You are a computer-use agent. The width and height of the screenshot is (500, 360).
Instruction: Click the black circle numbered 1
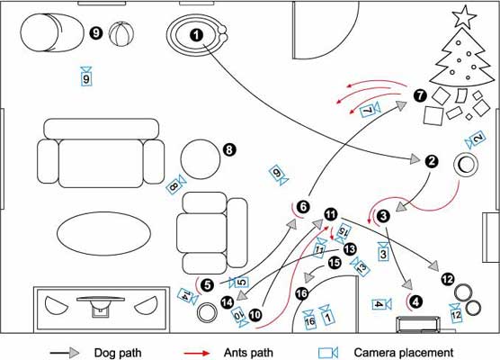click(196, 35)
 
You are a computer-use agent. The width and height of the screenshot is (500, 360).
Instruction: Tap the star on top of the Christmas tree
click(464, 17)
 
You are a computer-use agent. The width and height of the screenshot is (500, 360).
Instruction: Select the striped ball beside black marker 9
click(121, 34)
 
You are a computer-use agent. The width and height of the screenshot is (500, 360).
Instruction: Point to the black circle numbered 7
click(420, 95)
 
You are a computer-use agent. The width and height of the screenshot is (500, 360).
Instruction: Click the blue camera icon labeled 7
click(370, 110)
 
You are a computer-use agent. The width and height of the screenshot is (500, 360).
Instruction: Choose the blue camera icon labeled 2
click(476, 139)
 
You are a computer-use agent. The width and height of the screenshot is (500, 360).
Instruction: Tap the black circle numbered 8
click(229, 149)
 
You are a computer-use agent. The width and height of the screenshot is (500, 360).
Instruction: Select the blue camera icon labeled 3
click(383, 252)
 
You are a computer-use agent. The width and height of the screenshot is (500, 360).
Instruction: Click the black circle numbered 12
click(448, 279)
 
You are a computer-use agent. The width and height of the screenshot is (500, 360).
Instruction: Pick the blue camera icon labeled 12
click(456, 313)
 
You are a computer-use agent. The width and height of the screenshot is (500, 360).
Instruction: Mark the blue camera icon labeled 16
click(309, 319)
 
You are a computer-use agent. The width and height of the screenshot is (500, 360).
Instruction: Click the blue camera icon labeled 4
click(381, 304)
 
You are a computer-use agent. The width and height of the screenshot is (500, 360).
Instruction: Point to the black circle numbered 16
click(301, 293)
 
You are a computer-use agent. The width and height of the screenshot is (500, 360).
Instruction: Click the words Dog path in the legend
click(118, 353)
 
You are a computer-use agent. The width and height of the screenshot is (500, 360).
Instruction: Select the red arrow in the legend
click(197, 353)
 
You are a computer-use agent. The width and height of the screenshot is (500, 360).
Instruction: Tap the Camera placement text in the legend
click(404, 353)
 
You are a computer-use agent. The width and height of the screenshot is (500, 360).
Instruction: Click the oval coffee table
click(103, 234)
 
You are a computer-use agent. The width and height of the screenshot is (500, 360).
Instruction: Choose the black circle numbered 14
click(228, 301)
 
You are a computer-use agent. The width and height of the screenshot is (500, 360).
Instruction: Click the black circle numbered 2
click(432, 161)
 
